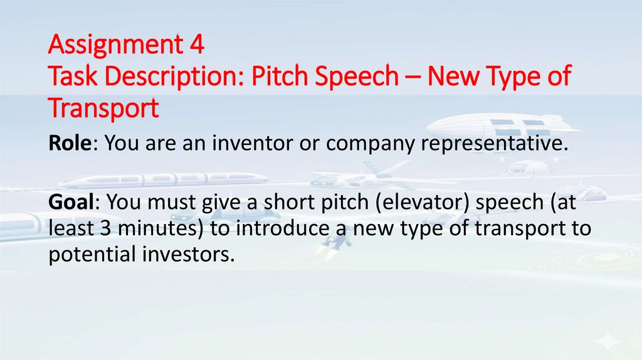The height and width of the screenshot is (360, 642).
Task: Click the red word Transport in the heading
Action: (x=103, y=108)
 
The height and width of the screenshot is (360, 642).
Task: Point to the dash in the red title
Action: (x=414, y=77)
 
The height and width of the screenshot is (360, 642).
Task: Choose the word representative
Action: (x=493, y=143)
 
